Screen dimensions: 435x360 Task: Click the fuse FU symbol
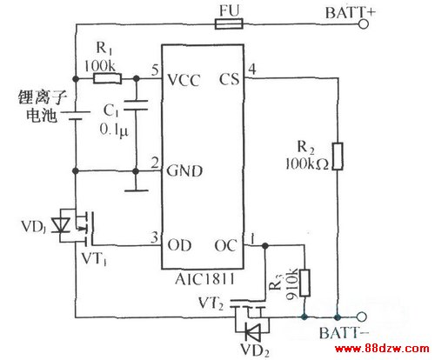point(229,23)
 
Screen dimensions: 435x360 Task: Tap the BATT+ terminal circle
point(364,24)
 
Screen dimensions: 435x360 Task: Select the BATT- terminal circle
point(362,317)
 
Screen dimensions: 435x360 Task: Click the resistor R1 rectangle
point(107,78)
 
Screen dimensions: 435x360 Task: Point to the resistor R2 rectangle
point(338,157)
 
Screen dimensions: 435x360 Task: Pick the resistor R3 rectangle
point(304,283)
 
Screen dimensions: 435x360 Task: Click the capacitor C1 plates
point(136,105)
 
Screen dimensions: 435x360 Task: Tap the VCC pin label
point(184,80)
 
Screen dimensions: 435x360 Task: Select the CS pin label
point(230,79)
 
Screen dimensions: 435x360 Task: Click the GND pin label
point(184,170)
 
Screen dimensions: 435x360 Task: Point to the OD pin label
point(179,245)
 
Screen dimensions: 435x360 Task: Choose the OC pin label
point(226,245)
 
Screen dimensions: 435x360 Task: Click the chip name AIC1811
point(204,279)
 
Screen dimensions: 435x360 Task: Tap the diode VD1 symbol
point(61,225)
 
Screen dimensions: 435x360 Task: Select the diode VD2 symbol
point(252,331)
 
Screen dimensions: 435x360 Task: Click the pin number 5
point(155,70)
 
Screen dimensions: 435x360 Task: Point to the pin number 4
point(252,70)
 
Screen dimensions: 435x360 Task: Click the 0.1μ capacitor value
point(114,130)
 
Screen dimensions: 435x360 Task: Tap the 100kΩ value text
point(307,164)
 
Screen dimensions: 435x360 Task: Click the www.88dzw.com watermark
point(382,349)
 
